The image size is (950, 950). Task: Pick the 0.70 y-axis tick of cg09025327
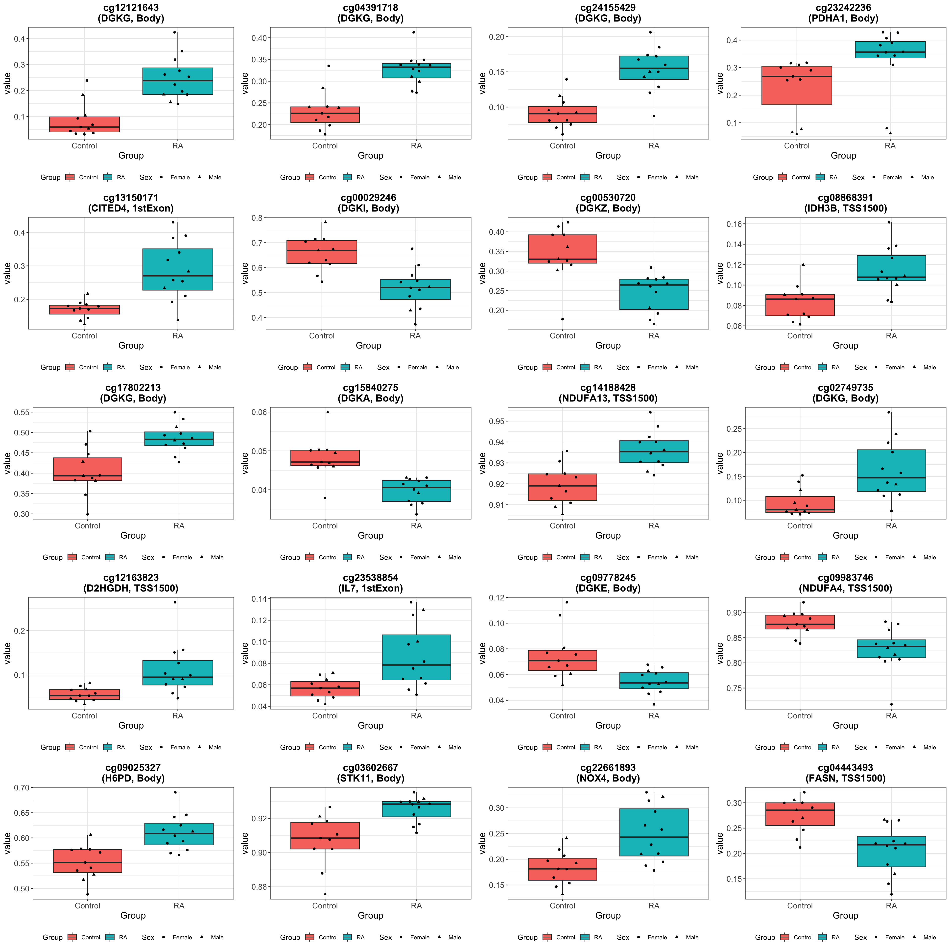click(22, 788)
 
